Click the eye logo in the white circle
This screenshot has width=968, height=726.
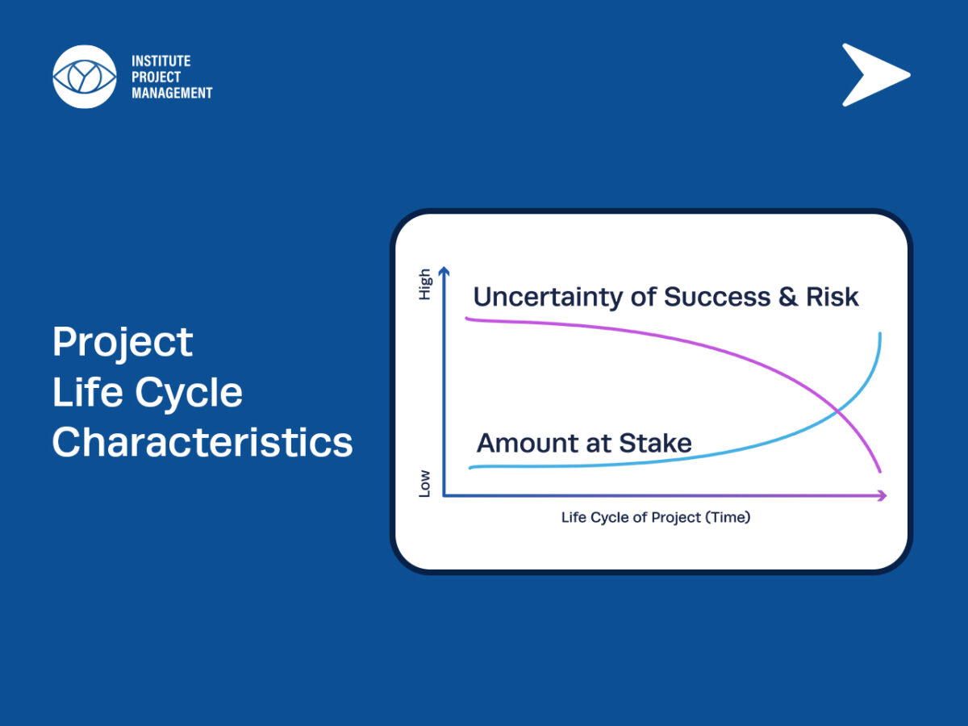(85, 77)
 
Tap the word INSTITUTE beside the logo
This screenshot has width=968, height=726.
(161, 60)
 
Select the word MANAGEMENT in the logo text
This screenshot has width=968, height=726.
(172, 93)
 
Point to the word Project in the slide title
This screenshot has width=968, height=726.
(123, 343)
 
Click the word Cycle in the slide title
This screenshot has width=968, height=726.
(189, 392)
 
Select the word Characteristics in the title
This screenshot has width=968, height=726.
(202, 442)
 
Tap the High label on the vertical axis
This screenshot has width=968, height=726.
(424, 284)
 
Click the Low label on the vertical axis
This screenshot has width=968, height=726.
(424, 483)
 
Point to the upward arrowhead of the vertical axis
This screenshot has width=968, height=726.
(444, 271)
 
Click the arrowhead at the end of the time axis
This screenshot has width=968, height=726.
(882, 495)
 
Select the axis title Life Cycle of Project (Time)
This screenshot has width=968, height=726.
(656, 517)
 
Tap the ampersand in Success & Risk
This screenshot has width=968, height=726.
(788, 297)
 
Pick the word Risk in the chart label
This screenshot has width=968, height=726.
(832, 297)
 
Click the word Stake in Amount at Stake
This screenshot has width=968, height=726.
(655, 443)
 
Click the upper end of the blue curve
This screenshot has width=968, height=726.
(880, 334)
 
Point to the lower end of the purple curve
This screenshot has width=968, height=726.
(880, 472)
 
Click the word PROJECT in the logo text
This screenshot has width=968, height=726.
(156, 77)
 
